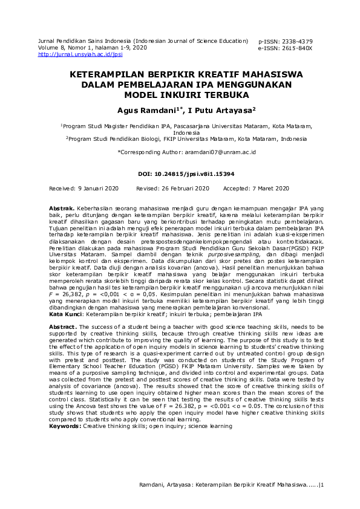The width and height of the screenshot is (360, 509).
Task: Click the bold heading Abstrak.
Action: [62, 208]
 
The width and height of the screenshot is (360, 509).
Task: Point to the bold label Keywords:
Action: [65, 426]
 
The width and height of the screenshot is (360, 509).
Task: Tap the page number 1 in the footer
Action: [322, 484]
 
